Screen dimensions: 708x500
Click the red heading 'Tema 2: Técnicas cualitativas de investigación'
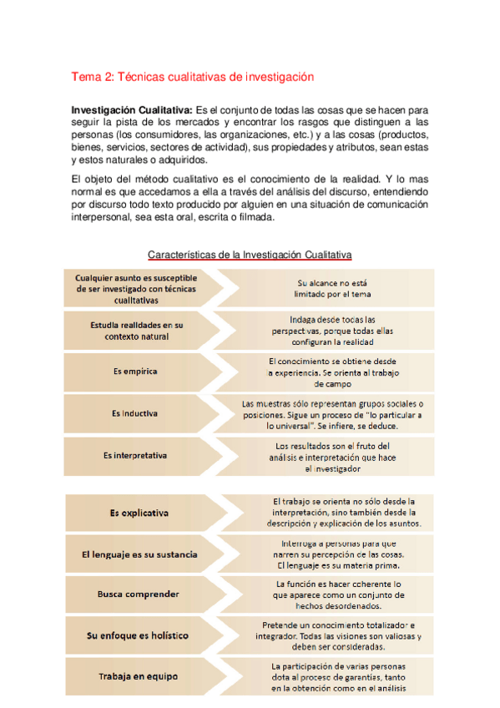pos(193,77)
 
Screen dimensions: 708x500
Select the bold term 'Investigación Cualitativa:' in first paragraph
pos(132,110)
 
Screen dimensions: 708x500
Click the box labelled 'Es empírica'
pos(135,371)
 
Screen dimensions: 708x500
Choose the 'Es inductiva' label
pos(135,413)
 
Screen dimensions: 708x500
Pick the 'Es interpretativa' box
pos(135,456)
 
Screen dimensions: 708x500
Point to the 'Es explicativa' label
pos(139,512)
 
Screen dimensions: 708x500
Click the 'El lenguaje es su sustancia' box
pos(139,553)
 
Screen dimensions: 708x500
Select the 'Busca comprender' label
pos(139,594)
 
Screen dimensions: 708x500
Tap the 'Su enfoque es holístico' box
pos(139,635)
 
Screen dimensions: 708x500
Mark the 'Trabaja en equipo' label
pos(139,677)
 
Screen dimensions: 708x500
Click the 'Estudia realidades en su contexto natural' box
pos(135,330)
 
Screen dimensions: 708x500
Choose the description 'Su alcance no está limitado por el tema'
pos(332,288)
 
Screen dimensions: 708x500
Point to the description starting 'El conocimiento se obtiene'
pos(332,372)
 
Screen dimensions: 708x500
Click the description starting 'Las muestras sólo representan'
pos(332,413)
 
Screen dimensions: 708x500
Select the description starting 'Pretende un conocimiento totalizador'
pos(337,635)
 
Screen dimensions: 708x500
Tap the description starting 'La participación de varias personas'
pos(337,677)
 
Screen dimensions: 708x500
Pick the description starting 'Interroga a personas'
pos(337,553)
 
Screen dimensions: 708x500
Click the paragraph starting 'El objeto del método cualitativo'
pos(250,198)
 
